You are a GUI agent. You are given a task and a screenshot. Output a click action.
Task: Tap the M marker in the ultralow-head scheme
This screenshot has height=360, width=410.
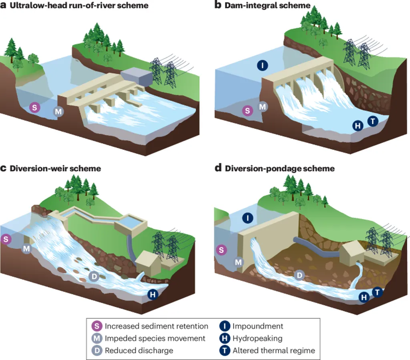coord(58,112)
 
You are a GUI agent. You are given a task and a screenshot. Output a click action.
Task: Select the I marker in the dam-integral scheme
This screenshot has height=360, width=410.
coord(263,66)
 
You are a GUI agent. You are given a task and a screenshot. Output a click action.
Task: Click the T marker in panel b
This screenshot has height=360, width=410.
coord(373,121)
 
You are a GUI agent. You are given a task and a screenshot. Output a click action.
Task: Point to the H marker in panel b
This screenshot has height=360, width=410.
coord(358,126)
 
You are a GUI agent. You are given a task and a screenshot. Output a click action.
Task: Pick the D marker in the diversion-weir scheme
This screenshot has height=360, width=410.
coord(94,276)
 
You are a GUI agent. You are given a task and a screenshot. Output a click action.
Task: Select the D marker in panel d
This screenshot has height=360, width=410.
coord(299,275)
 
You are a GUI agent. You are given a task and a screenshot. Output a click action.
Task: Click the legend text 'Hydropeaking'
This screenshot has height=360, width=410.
coord(257,338)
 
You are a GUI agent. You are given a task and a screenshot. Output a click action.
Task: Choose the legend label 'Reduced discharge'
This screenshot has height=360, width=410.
coord(139,350)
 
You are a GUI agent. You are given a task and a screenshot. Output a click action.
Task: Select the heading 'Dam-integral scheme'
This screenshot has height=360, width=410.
coord(267,6)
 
